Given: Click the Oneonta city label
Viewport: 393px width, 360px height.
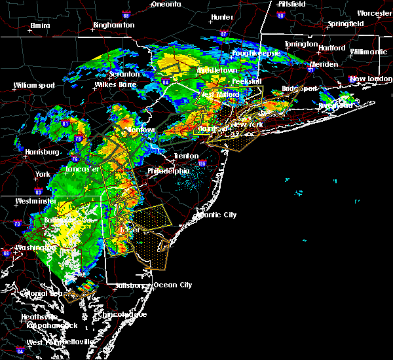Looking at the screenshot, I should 166,4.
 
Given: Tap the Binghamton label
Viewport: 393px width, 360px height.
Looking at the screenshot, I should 113,25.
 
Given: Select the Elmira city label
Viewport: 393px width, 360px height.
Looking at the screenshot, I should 40,26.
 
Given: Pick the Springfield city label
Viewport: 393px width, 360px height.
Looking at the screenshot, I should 345,24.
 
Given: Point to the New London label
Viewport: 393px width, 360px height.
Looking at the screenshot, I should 369,79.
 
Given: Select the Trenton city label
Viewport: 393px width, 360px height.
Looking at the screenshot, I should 186,156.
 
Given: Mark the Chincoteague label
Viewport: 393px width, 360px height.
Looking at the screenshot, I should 126,314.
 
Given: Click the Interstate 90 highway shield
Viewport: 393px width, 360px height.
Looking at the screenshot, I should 281,15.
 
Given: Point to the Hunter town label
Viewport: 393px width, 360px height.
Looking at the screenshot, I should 223,17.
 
